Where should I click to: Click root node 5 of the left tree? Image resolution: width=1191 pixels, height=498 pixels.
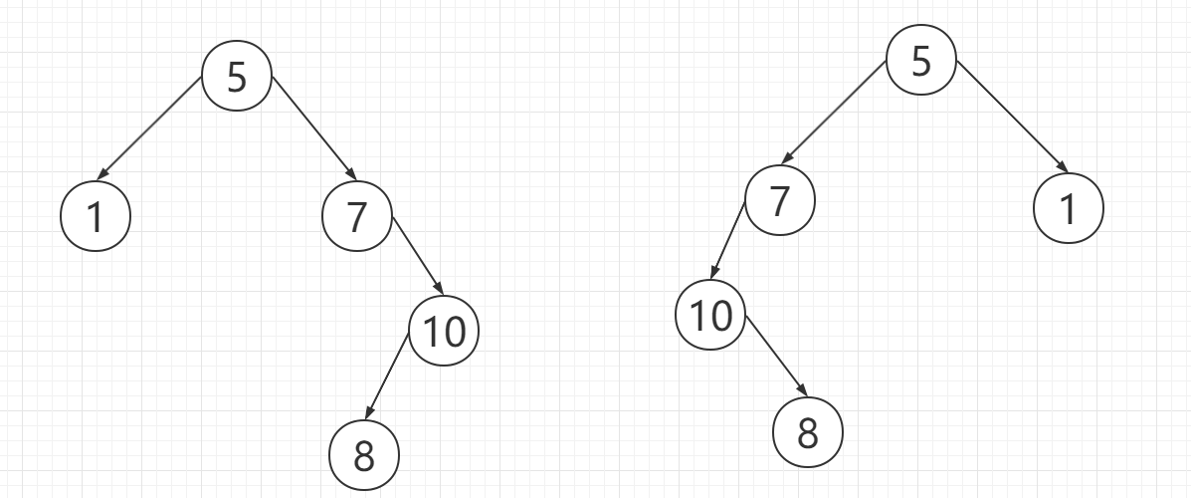[237, 77]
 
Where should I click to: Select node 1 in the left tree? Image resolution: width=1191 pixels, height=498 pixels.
[96, 216]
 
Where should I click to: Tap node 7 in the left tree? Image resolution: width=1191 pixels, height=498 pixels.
[358, 216]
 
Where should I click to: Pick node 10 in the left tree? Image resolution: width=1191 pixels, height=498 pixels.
[444, 331]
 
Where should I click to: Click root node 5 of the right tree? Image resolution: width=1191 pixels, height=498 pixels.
[920, 62]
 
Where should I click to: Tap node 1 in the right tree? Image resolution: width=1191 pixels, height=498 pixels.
[1069, 210]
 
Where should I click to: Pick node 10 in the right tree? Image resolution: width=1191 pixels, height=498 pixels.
[710, 316]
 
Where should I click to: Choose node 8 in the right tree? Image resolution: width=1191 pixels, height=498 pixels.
[807, 431]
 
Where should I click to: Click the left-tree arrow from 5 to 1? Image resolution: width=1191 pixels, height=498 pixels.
[152, 127]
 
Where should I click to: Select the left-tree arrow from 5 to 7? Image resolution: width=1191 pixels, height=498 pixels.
[312, 127]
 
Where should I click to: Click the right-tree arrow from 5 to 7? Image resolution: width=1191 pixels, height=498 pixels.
[834, 110]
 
